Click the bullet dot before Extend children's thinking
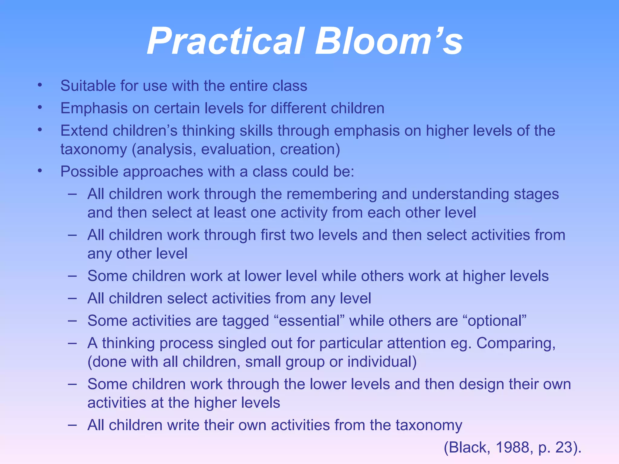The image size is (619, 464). pyautogui.click(x=40, y=130)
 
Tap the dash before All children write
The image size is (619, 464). pyautogui.click(x=72, y=424)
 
